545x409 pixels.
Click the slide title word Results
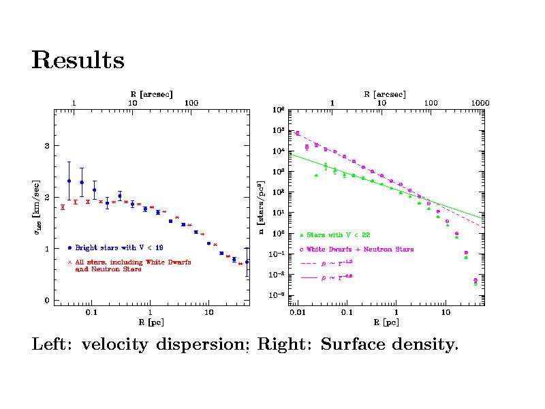pyautogui.click(x=78, y=61)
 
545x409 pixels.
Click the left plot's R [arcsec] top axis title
pyautogui.click(x=151, y=93)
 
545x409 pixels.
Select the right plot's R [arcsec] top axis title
pyautogui.click(x=384, y=93)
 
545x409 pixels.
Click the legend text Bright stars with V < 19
pyautogui.click(x=119, y=247)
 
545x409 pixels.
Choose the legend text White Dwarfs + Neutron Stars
pyautogui.click(x=360, y=249)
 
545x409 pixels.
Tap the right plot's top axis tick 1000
pyautogui.click(x=480, y=103)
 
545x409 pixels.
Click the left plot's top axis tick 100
pyautogui.click(x=191, y=103)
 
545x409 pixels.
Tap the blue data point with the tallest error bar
pyautogui.click(x=69, y=181)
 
